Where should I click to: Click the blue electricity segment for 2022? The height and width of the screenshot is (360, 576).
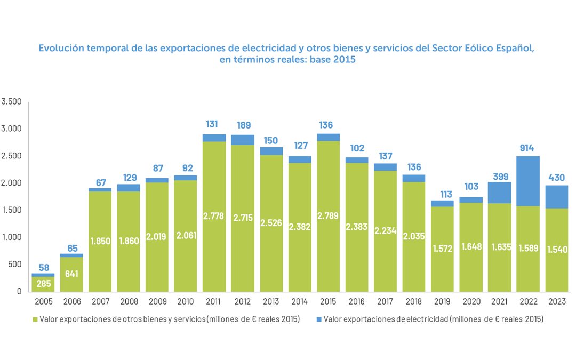[528, 181]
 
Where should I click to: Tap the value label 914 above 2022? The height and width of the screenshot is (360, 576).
[528, 148]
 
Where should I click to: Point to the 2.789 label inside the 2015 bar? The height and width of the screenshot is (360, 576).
[327, 216]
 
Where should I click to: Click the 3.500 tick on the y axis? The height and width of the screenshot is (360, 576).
[11, 102]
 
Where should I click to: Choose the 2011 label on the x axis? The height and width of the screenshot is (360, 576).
[213, 301]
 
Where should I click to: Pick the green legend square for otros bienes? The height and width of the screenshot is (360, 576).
[36, 319]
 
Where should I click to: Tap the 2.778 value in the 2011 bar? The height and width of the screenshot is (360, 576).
[213, 216]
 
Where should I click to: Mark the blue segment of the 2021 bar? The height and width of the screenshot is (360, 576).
[499, 193]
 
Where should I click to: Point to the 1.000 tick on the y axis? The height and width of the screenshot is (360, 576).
[11, 237]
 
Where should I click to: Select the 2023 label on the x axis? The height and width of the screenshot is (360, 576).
[557, 301]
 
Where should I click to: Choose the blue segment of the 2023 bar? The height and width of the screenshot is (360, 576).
[557, 197]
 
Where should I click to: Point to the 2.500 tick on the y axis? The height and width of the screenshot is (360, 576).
[11, 156]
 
